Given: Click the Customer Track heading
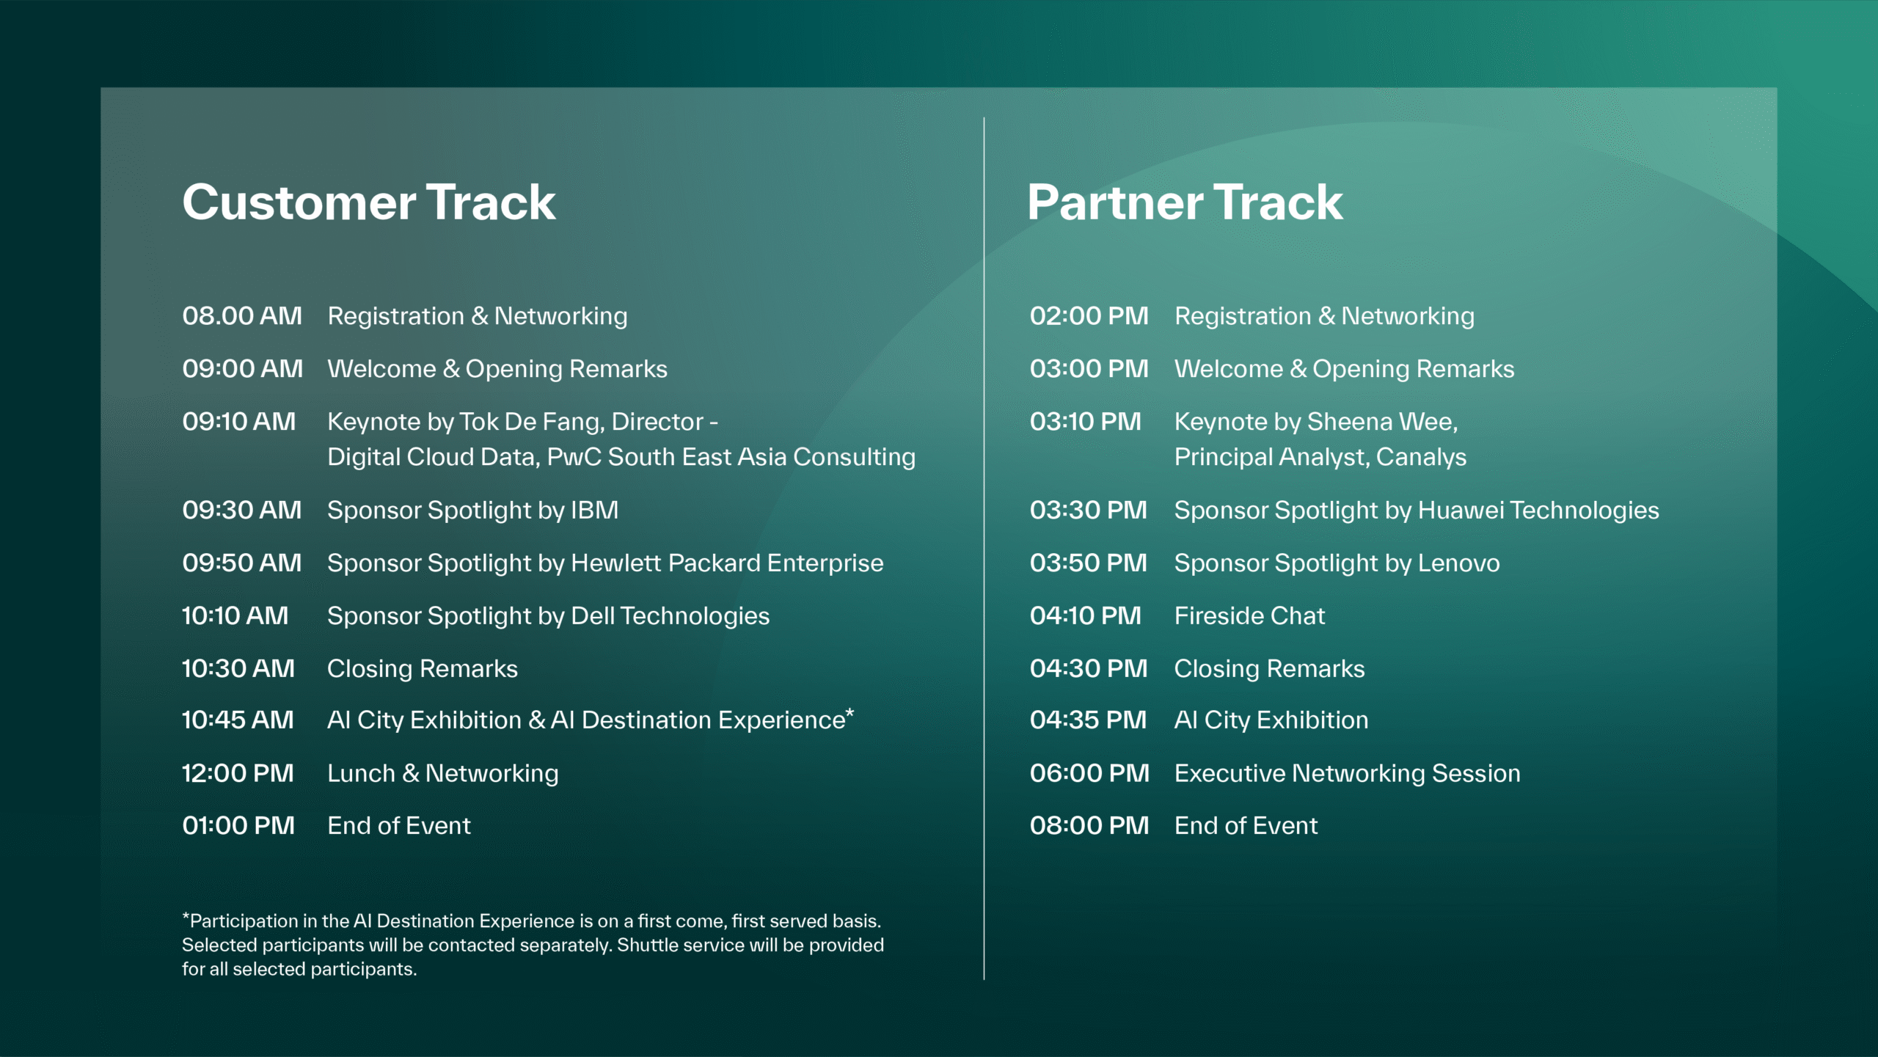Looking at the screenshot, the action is pyautogui.click(x=369, y=202).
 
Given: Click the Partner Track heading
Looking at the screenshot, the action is pyautogui.click(x=1185, y=202).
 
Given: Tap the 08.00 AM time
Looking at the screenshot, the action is pyautogui.click(x=242, y=316).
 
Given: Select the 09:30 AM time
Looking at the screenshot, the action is pyautogui.click(x=242, y=510).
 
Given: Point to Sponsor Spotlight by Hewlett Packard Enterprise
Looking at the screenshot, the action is pyautogui.click(x=605, y=563).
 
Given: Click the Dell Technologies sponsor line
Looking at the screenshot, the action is pyautogui.click(x=548, y=616).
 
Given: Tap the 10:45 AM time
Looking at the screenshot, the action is pyautogui.click(x=238, y=720).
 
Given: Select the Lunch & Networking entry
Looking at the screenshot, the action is pyautogui.click(x=443, y=774).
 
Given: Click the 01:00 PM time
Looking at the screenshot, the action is pyautogui.click(x=238, y=826).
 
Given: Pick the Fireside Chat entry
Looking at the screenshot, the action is pyautogui.click(x=1249, y=615).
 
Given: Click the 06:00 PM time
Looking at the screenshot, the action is pyautogui.click(x=1089, y=773).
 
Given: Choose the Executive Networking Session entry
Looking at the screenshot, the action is pyautogui.click(x=1347, y=774).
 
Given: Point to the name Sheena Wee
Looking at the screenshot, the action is pyautogui.click(x=1382, y=422).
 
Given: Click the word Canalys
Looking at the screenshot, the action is pyautogui.click(x=1421, y=458).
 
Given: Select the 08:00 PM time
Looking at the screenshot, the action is pyautogui.click(x=1089, y=826).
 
